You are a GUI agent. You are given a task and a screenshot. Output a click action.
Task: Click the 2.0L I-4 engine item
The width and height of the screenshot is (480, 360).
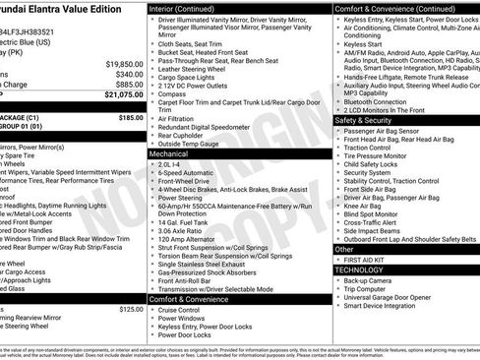pyautogui.click(x=173, y=165)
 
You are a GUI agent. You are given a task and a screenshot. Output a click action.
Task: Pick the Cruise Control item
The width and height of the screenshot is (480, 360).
pyautogui.click(x=183, y=309)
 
